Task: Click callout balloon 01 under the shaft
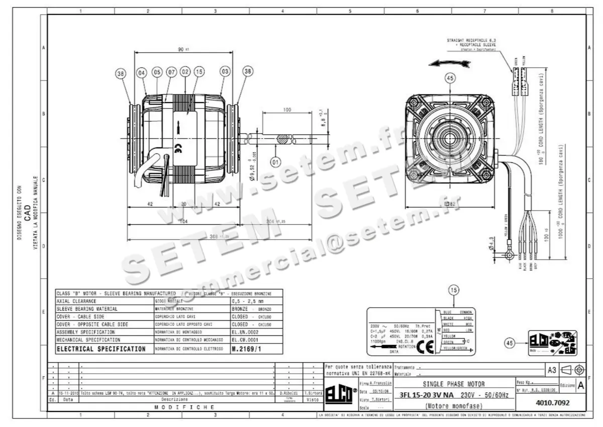point(275,162)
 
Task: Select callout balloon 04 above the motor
point(142,73)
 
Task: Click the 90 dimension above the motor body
point(182,49)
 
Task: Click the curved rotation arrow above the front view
point(450,63)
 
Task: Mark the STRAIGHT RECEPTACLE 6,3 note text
point(472,40)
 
